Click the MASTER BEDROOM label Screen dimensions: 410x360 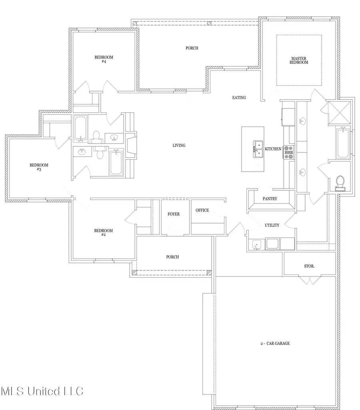299,60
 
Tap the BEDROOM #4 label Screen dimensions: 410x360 104,60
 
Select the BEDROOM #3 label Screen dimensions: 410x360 39,167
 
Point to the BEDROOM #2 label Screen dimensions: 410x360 103,233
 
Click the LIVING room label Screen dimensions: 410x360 179,146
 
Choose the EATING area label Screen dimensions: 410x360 239,98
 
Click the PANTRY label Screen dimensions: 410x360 270,199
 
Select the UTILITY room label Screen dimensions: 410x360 272,226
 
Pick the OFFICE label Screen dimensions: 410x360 202,210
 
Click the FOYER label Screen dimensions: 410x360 173,214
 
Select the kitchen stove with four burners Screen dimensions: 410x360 288,152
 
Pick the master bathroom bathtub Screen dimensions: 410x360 343,142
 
